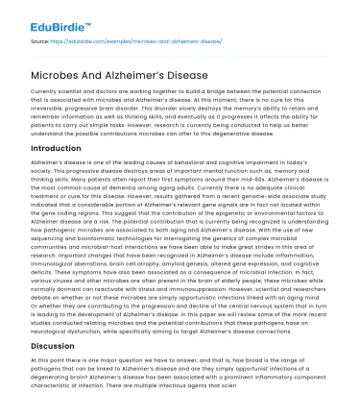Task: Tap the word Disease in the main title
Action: (211, 67)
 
